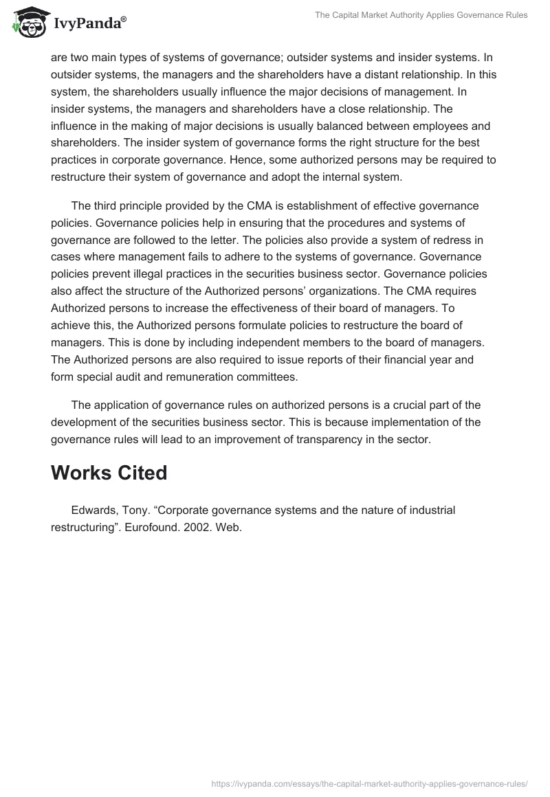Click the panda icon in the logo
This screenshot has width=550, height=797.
(27, 21)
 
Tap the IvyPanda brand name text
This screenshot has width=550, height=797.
(89, 23)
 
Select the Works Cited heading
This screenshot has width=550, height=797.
(109, 473)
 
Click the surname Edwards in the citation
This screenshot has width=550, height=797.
(93, 510)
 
